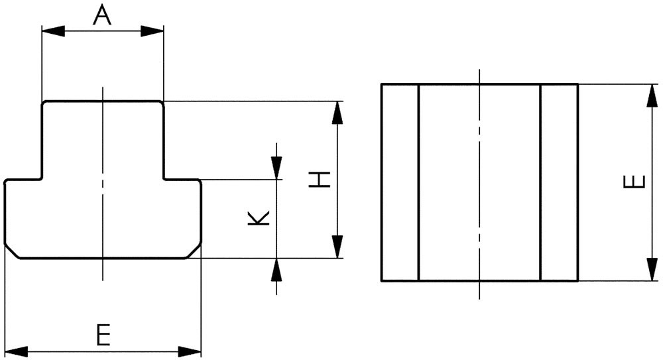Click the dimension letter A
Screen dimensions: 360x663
coord(102,14)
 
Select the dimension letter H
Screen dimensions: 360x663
coord(320,179)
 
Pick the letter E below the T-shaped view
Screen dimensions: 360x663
coord(102,335)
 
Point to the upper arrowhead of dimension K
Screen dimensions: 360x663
coord(276,168)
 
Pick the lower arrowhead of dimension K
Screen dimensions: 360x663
coord(276,269)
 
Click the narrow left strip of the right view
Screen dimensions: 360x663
coord(400,182)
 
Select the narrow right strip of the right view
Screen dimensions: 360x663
coord(559,182)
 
